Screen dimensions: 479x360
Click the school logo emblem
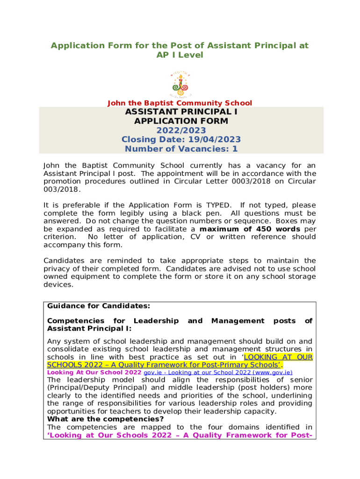(x=180, y=84)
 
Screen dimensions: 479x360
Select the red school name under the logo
(x=180, y=103)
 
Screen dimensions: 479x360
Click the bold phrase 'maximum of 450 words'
(x=250, y=229)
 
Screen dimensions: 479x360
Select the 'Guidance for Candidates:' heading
(x=99, y=306)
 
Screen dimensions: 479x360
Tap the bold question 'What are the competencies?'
(x=105, y=419)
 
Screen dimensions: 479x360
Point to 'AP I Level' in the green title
(x=180, y=55)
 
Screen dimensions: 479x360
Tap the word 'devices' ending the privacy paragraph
(x=58, y=284)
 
